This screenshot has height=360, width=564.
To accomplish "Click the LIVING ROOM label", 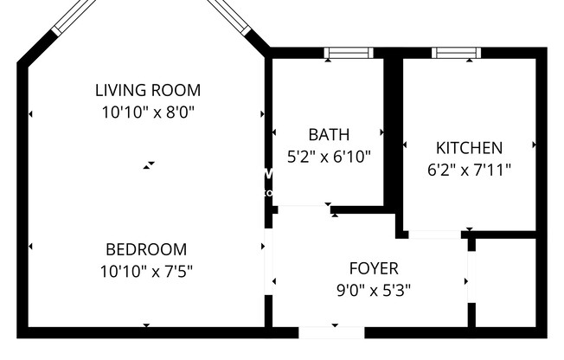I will click(x=147, y=90).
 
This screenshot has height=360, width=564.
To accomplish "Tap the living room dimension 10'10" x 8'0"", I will click(x=147, y=111).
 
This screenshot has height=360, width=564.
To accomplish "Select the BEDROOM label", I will click(x=146, y=250).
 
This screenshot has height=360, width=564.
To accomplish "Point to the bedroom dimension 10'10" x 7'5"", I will click(x=146, y=271).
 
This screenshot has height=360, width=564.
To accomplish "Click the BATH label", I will click(x=329, y=135).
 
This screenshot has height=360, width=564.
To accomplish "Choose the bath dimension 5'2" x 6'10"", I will click(x=329, y=157).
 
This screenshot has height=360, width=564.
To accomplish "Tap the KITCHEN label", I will click(x=468, y=148).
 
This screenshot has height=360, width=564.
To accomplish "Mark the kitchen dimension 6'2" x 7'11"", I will click(x=468, y=170).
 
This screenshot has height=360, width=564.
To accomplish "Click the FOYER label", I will click(x=374, y=268).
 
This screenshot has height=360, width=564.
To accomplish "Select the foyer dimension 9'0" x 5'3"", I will click(x=374, y=290).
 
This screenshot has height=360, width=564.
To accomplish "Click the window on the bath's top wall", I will click(x=349, y=53).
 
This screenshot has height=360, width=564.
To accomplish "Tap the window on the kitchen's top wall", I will click(x=456, y=53).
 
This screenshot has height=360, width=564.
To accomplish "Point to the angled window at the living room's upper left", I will click(x=74, y=16).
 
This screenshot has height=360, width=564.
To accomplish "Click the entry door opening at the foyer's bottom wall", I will click(x=331, y=332).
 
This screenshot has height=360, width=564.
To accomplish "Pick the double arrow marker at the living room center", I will click(x=150, y=164).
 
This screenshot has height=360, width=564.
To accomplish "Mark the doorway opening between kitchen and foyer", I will click(x=434, y=235).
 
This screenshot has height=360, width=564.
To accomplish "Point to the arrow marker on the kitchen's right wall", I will click(x=535, y=145).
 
